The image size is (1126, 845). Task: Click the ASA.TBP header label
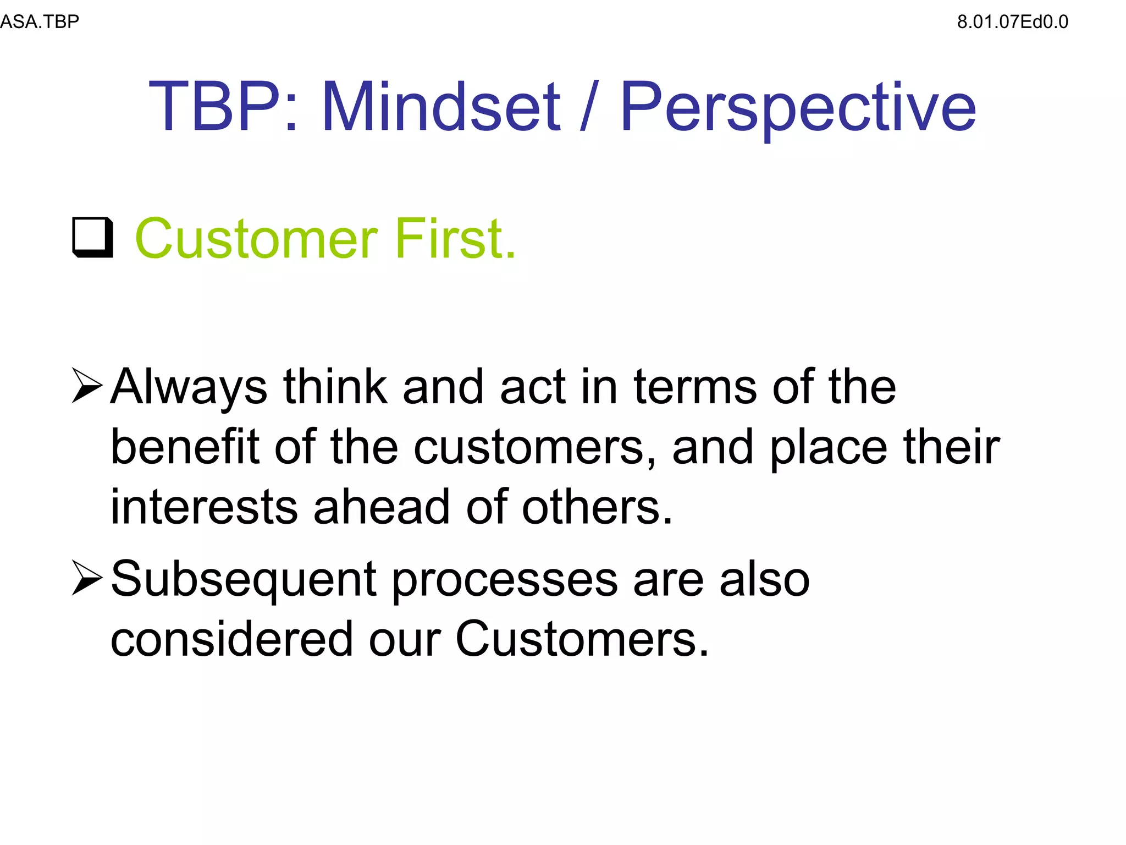[x=40, y=22]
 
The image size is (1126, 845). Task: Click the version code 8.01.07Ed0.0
[x=1012, y=22]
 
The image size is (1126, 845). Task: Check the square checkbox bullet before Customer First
[x=92, y=238]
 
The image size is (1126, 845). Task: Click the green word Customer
[x=256, y=238]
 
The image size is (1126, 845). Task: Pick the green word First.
[x=456, y=238]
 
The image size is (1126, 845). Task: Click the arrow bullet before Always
[x=87, y=386]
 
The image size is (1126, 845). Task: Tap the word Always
[x=189, y=387]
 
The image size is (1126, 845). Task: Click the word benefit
[x=185, y=447]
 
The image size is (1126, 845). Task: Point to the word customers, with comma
[x=535, y=447]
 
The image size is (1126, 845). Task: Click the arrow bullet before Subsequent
[x=87, y=578]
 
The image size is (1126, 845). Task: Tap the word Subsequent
[x=244, y=579]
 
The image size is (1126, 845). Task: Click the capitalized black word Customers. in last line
[x=582, y=639]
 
